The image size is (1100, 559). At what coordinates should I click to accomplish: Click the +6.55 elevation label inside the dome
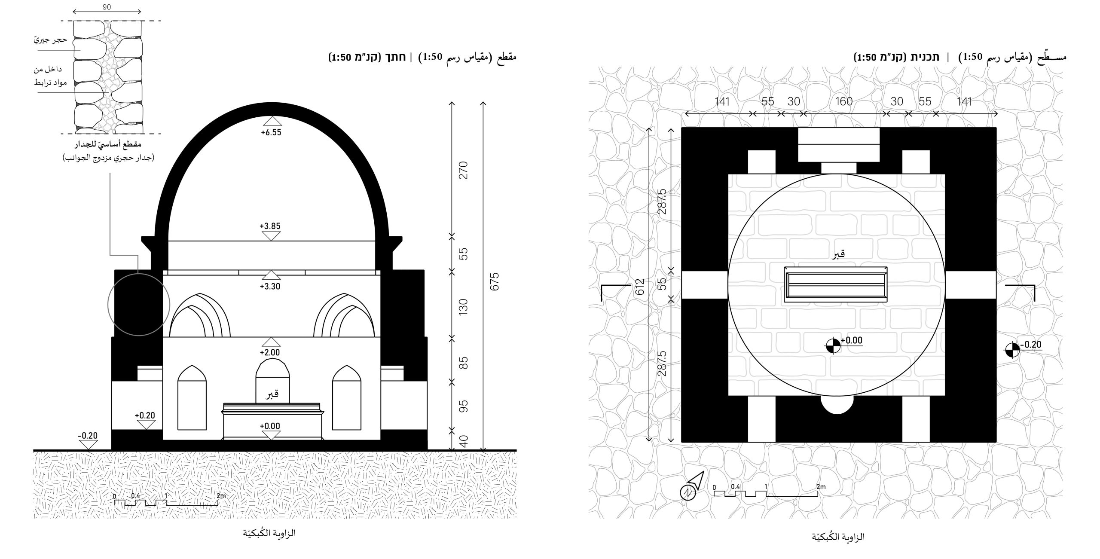click(271, 133)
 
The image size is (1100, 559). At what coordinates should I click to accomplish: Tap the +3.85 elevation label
click(270, 226)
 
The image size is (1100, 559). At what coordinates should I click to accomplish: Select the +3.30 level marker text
click(270, 287)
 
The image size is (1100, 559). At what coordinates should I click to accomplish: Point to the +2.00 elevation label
click(270, 352)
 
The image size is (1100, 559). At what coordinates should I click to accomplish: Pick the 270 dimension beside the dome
click(463, 170)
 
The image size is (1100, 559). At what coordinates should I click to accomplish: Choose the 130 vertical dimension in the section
click(463, 307)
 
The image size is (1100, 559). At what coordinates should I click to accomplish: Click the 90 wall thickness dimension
click(107, 7)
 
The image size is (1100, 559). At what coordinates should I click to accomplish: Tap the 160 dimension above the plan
click(844, 101)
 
